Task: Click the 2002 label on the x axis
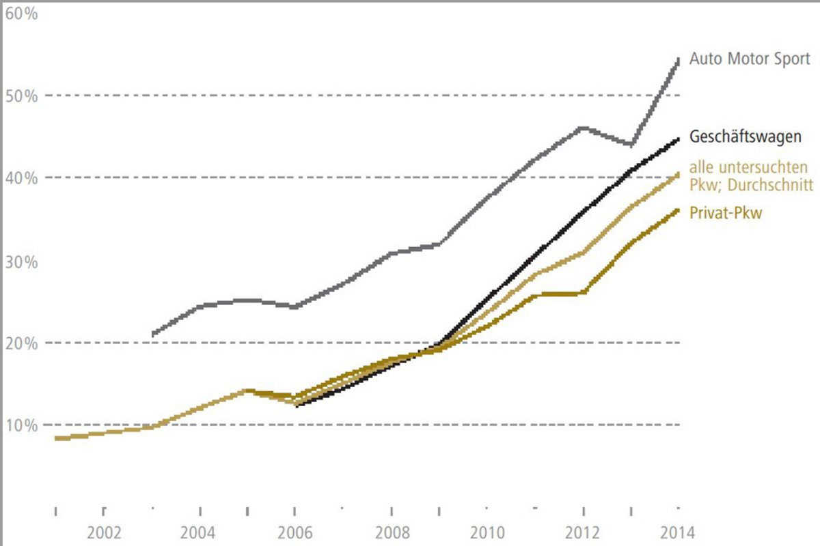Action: (104, 532)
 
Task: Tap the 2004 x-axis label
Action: (200, 532)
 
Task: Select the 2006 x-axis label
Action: (295, 532)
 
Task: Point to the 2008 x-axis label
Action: (391, 532)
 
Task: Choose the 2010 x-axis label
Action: (487, 532)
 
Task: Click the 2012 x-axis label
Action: (583, 532)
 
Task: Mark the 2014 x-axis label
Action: (678, 532)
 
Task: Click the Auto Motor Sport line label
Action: (750, 59)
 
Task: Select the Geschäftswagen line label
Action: (746, 137)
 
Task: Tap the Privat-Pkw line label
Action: (726, 214)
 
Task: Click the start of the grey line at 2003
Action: (152, 334)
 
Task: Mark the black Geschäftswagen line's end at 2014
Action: (678, 139)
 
